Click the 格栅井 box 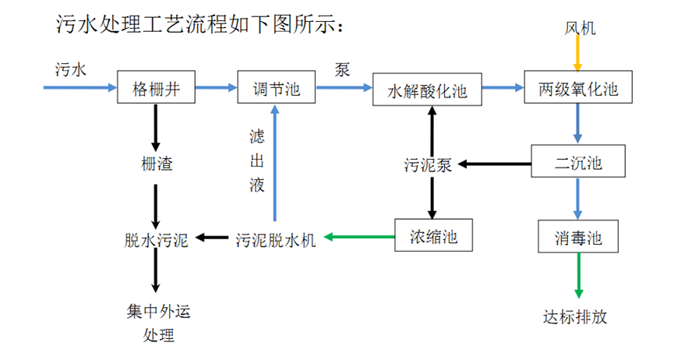point(155,88)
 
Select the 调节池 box point(276,88)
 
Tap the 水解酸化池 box point(427,90)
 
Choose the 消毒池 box point(577,236)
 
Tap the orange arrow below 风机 point(577,55)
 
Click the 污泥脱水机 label point(276,238)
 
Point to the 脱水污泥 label point(156,238)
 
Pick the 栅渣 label point(156,164)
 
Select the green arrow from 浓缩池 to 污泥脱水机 point(359,237)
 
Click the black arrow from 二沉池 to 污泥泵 point(494,164)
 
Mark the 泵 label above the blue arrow point(342,69)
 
